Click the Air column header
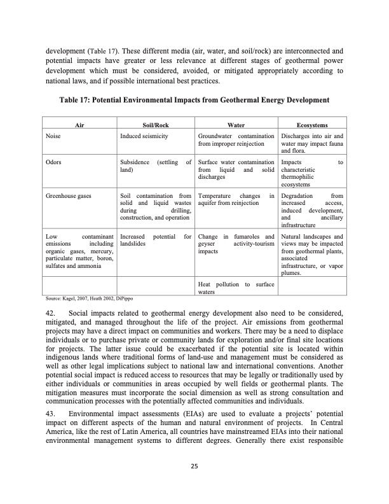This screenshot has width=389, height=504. (x=80, y=126)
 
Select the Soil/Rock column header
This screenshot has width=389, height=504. (x=155, y=126)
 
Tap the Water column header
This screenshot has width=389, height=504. (x=236, y=126)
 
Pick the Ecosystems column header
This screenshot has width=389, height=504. (x=312, y=126)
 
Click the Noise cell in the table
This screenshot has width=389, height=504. (x=53, y=136)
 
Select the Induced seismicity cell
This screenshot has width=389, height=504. (x=144, y=136)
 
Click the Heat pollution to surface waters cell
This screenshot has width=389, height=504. (x=236, y=287)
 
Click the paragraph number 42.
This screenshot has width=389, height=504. (x=51, y=313)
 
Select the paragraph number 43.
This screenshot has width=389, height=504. (x=51, y=414)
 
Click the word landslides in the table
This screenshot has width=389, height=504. (x=133, y=244)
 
